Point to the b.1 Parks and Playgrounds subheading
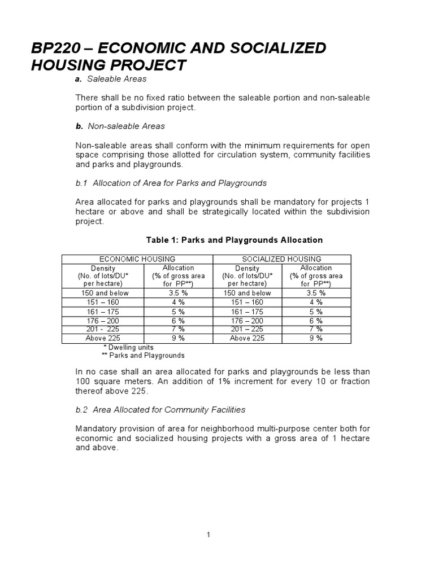(x=171, y=183)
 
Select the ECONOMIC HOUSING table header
(x=137, y=259)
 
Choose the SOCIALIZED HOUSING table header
(x=281, y=259)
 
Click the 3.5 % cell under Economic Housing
(x=178, y=293)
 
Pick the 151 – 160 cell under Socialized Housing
(x=247, y=302)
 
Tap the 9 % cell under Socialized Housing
(x=316, y=338)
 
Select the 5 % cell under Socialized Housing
(x=316, y=311)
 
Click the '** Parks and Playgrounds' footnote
(x=143, y=356)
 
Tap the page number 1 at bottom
(x=209, y=535)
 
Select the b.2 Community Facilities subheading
(x=160, y=409)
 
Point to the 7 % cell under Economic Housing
(x=178, y=329)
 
